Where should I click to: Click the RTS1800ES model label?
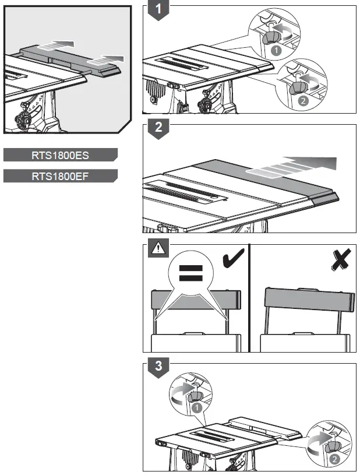coord(60,155)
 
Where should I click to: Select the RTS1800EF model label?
coord(60,176)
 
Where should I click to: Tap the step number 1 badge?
coord(158,10)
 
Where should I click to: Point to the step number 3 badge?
coord(158,367)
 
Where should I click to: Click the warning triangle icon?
coord(158,248)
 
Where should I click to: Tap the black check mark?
coord(233,258)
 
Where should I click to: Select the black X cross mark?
coord(341,259)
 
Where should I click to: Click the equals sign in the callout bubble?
coord(190,273)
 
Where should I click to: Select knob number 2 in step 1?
coord(298,87)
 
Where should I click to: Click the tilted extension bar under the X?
coord(309,300)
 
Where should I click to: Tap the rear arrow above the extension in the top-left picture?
coord(56,45)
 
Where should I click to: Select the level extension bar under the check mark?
coord(196,300)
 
